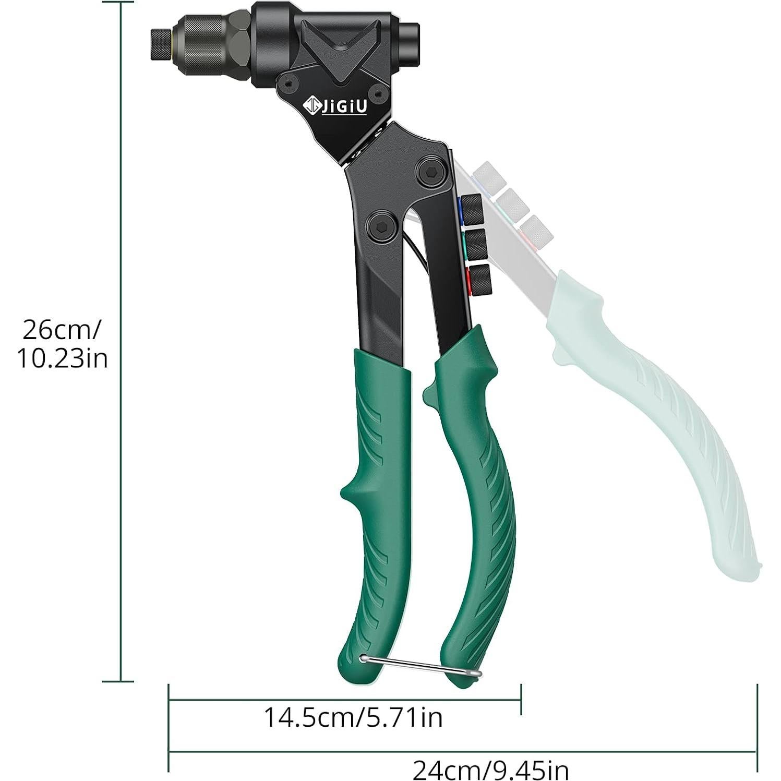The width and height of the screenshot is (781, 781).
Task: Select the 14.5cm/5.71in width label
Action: tap(353, 717)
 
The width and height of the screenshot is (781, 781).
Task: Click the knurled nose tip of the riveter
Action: tap(162, 44)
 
